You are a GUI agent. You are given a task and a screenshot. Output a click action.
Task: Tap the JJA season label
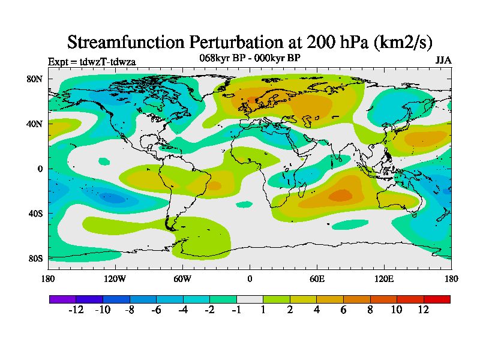pos(443,61)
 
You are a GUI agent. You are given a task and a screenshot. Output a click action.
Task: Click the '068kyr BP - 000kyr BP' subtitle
pos(250,58)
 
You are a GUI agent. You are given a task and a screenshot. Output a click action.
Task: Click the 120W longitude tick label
pos(115,278)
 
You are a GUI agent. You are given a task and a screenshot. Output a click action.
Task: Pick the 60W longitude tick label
pos(182,278)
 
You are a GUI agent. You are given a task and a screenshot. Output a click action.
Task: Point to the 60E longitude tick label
pos(317,278)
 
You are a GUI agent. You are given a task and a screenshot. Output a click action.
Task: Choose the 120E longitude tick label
pos(384,278)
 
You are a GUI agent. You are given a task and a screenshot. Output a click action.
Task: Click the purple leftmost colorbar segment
pos(62,299)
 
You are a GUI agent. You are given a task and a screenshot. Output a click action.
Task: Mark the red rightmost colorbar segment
pos(437,299)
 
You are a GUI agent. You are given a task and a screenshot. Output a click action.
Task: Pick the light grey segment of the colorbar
pos(250,299)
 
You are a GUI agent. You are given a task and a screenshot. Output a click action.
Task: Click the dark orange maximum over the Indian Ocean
pos(341,195)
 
